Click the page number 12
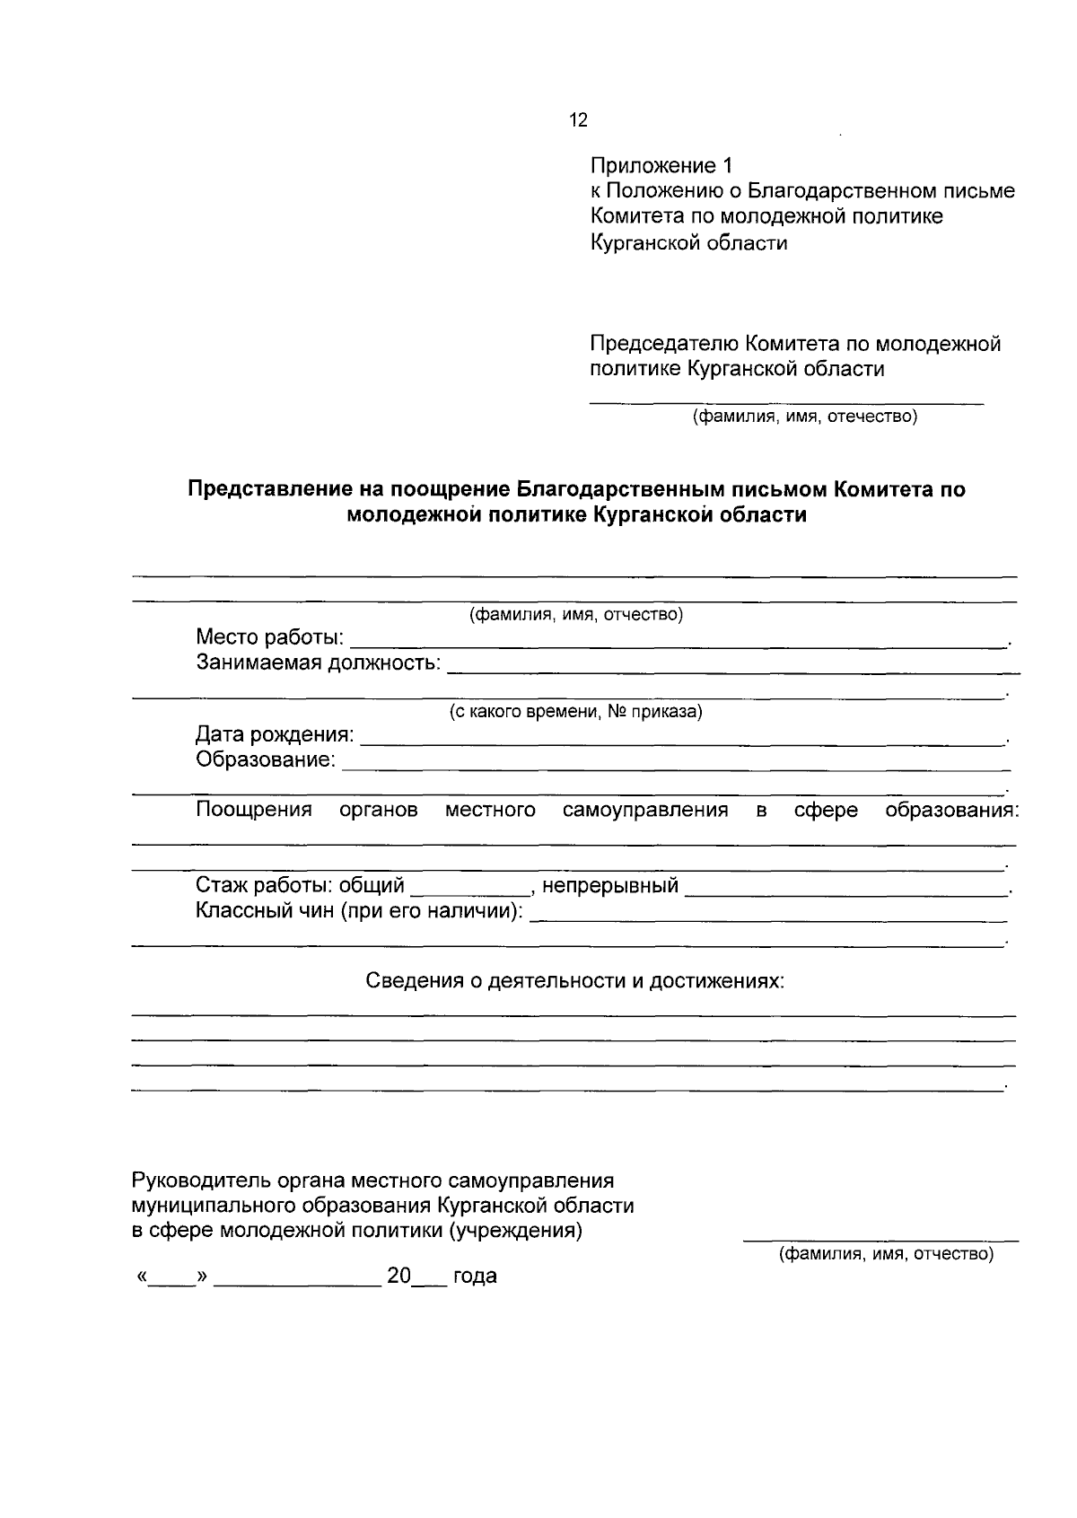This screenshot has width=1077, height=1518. coord(579,120)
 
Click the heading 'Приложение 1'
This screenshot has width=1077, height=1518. coord(661,166)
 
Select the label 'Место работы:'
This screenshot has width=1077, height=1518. coord(269,638)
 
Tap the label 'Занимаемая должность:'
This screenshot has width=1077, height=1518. coord(319,663)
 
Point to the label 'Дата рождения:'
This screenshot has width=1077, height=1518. coord(275,735)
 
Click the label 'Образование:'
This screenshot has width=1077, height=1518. coord(266,760)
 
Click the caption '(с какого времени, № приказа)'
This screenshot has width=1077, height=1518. coord(575,712)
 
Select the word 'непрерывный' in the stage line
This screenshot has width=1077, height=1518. coord(610,887)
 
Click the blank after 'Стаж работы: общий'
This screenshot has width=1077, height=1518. coord(470,889)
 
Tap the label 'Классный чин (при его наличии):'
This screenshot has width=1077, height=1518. coord(359,912)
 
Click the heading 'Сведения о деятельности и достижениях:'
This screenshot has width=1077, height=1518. coord(574,980)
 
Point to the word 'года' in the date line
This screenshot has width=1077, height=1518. coord(475,1277)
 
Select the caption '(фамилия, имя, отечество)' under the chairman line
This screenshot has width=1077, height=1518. coord(803,417)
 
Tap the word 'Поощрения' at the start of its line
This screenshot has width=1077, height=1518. coord(254,811)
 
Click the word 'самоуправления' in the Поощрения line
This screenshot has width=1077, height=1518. coord(644,811)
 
